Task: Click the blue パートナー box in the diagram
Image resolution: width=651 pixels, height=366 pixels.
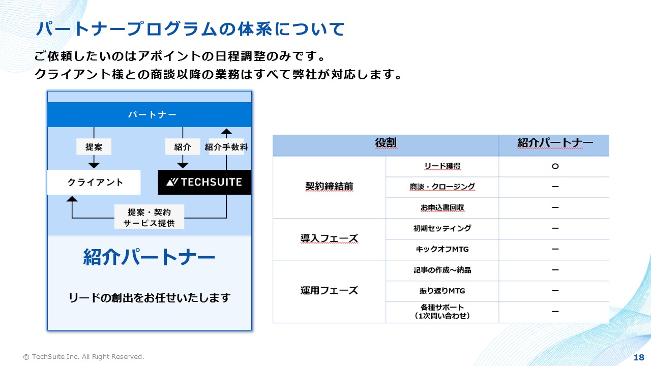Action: click(150, 114)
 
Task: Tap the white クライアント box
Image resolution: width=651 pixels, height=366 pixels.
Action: click(94, 182)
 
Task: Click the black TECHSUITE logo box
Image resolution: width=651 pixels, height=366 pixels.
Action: click(204, 182)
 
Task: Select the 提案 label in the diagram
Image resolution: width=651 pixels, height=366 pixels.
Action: click(94, 147)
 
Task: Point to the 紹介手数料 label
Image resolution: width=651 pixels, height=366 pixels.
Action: click(226, 147)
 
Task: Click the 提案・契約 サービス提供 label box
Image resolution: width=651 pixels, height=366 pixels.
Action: click(149, 217)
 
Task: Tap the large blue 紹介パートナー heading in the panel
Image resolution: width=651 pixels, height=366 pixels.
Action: click(149, 257)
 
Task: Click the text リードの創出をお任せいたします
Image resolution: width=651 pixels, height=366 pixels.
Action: click(150, 298)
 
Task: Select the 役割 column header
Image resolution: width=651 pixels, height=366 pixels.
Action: click(386, 143)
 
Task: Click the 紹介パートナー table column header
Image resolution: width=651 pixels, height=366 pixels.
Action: click(555, 143)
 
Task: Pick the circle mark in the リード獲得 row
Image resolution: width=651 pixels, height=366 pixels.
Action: click(555, 166)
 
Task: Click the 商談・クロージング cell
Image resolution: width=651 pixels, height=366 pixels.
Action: click(442, 187)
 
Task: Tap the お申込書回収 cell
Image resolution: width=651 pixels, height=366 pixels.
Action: click(442, 207)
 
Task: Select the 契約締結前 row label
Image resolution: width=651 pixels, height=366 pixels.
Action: click(329, 186)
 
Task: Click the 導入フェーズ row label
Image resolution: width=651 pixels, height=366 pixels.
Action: click(329, 238)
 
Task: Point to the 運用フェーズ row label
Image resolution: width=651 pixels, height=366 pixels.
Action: click(329, 290)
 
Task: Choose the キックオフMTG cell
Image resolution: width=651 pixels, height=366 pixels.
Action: click(442, 249)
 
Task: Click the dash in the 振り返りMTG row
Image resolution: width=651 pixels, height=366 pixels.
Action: click(555, 290)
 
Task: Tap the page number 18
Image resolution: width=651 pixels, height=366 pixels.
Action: click(639, 357)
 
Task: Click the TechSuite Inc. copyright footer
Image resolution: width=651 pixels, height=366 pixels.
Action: click(84, 357)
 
